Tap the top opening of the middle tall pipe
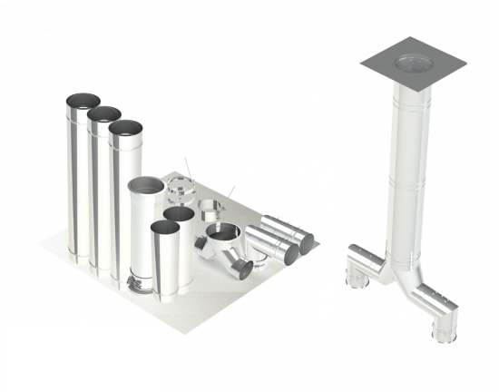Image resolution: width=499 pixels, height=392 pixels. (x=103, y=114)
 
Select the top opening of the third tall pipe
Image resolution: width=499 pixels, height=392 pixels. (x=125, y=127)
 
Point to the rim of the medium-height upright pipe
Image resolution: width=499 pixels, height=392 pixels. (x=146, y=185)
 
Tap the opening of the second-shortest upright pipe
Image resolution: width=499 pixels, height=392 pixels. (x=178, y=214)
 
